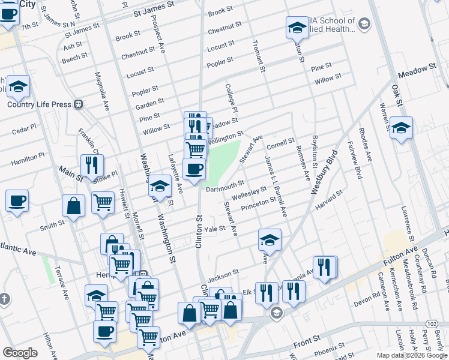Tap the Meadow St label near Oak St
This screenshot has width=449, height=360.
point(417,70)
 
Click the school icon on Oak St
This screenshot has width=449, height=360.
point(400,128)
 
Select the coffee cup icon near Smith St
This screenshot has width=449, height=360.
point(17,201)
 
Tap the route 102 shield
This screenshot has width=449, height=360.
point(431,323)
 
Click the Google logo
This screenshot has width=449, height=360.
point(20,353)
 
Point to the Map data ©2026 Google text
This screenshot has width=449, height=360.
point(411,355)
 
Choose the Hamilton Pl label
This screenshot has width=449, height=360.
point(28,155)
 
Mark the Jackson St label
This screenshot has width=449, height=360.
point(223,276)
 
